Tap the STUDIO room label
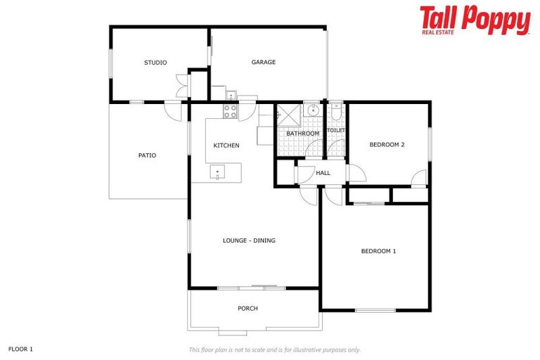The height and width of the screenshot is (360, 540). (155, 63)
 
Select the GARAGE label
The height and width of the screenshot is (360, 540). (264, 63)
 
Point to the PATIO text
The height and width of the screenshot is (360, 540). (147, 155)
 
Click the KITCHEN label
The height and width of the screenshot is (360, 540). (226, 146)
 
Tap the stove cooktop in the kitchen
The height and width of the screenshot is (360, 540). (230, 110)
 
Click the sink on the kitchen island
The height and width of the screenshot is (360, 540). (218, 172)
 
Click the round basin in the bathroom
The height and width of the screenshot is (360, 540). (311, 110)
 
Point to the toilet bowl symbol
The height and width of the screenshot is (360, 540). (336, 112)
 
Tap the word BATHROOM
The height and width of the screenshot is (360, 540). (302, 134)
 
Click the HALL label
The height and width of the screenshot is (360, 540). (323, 173)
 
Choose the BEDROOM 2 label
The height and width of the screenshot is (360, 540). (387, 145)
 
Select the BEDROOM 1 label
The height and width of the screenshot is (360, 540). (378, 251)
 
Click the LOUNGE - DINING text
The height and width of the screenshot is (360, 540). (249, 240)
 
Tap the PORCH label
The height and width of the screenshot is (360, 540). (247, 309)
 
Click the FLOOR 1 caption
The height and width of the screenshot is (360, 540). (20, 349)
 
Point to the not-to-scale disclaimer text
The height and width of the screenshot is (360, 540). (274, 349)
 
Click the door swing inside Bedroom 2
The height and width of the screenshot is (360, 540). (419, 178)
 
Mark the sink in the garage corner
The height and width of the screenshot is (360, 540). (230, 96)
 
